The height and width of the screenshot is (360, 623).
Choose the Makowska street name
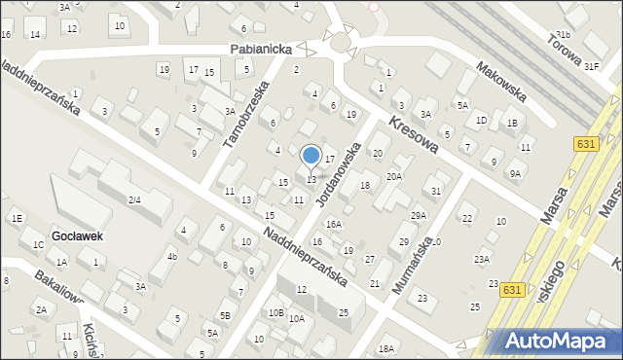pyautogui.click(x=501, y=83)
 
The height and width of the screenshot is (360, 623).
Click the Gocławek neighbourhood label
pyautogui.click(x=79, y=236)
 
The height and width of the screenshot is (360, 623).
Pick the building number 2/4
pyautogui.click(x=135, y=200)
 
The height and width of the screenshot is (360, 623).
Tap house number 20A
pyautogui.click(x=394, y=176)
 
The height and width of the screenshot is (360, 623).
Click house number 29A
pyautogui.click(x=419, y=215)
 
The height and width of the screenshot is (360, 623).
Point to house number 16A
pyautogui.click(x=334, y=224)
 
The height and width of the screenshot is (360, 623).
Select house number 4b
pyautogui.click(x=171, y=257)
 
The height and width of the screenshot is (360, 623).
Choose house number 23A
pyautogui.click(x=482, y=259)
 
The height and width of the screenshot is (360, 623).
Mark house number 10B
pyautogui.click(x=275, y=312)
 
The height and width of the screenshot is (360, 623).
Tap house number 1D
pyautogui.click(x=481, y=120)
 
